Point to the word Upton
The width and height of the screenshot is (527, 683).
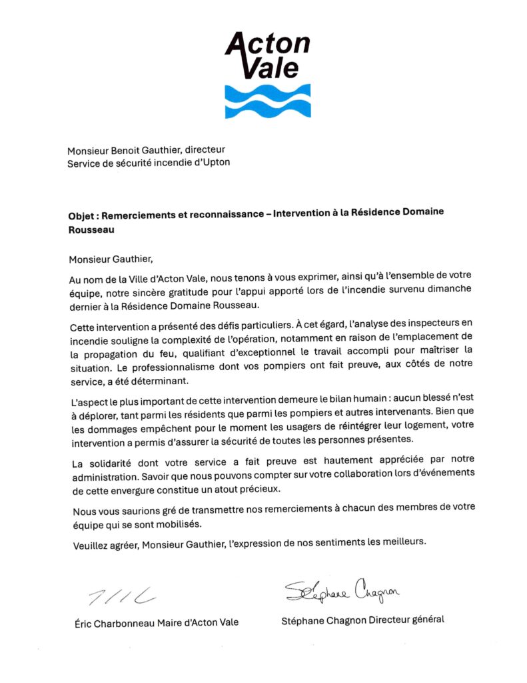[215, 163]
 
